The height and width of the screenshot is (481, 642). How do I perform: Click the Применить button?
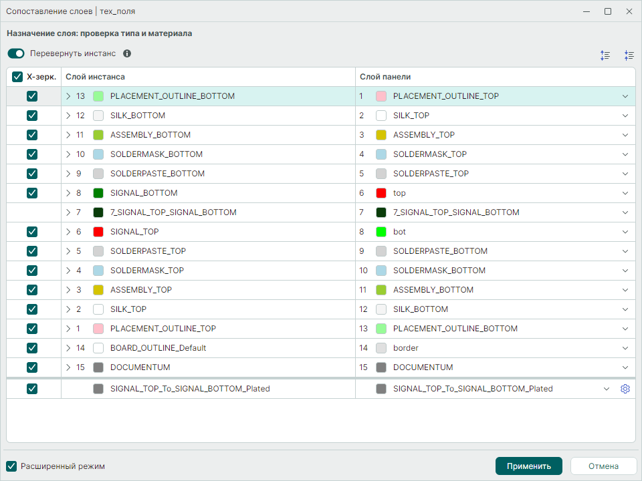click(x=528, y=466)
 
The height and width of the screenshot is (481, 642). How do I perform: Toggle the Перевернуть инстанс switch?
click(x=16, y=53)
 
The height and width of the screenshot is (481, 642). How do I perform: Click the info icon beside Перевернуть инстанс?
click(x=127, y=53)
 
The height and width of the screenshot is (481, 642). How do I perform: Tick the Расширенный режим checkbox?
click(x=11, y=466)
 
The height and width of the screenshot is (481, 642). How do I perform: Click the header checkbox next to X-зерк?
click(x=17, y=77)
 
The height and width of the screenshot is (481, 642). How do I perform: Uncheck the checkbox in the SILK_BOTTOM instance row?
click(x=32, y=116)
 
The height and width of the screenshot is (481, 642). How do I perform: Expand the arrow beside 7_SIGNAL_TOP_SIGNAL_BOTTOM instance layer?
click(x=68, y=212)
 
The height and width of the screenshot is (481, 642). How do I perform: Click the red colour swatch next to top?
click(x=381, y=193)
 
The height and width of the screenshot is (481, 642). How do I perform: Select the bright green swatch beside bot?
click(x=381, y=232)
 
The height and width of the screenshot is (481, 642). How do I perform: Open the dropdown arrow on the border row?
click(x=625, y=348)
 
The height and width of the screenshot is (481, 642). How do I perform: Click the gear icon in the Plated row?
click(x=625, y=389)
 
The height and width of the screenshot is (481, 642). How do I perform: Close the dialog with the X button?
click(x=629, y=11)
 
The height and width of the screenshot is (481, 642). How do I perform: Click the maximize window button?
click(x=608, y=11)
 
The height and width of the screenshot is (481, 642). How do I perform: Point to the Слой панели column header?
click(x=385, y=77)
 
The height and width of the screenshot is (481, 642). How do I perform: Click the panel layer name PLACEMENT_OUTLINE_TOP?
click(x=446, y=96)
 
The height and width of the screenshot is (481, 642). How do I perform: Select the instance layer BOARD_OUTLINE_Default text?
click(x=158, y=348)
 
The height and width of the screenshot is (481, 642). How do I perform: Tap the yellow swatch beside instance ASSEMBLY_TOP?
click(x=98, y=290)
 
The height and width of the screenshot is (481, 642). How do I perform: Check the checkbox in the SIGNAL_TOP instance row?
click(x=32, y=232)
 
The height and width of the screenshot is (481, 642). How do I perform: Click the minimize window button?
click(x=586, y=11)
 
